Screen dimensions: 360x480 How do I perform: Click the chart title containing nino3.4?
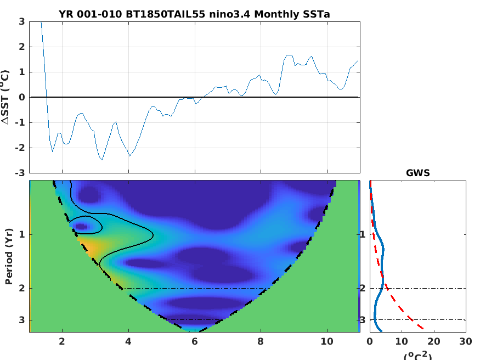[194, 14]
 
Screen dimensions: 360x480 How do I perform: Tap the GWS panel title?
[417, 173]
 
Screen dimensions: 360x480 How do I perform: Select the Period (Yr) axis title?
[9, 256]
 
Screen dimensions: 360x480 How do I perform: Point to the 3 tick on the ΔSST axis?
[21, 21]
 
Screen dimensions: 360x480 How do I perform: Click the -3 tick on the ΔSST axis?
[20, 173]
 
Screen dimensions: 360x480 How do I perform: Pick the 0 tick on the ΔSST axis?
[21, 97]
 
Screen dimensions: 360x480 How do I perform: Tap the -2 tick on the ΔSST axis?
[20, 148]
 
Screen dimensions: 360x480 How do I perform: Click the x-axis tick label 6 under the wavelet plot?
[195, 341]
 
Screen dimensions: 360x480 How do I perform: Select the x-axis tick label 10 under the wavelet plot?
[327, 341]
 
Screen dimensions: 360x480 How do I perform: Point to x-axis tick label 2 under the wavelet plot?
[62, 341]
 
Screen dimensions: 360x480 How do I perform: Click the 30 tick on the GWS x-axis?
[466, 341]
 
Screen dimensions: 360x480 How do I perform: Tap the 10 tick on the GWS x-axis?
[402, 341]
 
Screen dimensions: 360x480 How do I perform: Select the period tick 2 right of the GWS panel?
[363, 288]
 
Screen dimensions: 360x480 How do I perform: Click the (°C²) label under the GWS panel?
[417, 355]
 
